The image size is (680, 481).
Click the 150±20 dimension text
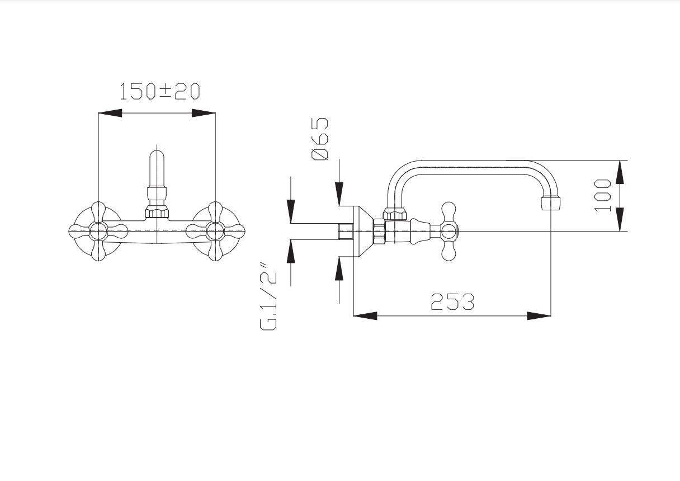(160, 91)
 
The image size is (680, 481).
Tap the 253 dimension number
(452, 302)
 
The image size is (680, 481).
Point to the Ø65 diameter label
(320, 139)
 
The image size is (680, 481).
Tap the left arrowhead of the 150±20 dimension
(110, 113)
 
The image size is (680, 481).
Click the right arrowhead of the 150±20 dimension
(204, 113)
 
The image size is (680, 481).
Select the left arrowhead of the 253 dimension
(365, 316)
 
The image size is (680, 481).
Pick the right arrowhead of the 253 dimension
(539, 316)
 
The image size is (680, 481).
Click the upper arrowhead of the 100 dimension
(620, 172)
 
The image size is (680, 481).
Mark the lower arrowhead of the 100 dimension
(620, 220)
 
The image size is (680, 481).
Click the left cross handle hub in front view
(98, 232)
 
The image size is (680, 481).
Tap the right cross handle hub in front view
(215, 232)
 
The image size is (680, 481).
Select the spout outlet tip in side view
(551, 203)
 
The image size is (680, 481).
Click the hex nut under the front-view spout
(157, 211)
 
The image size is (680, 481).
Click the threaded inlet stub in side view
(346, 232)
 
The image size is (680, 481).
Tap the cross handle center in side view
(448, 232)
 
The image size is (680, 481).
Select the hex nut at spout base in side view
(395, 214)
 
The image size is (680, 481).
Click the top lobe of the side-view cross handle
(448, 213)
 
